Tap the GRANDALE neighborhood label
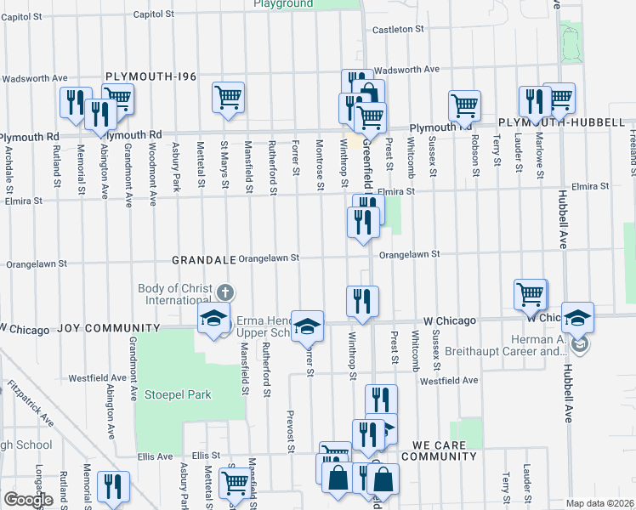click(x=202, y=258)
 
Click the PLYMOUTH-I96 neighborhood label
click(x=150, y=76)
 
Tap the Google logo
click(x=28, y=500)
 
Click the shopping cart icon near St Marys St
click(x=228, y=99)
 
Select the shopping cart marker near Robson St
click(x=465, y=105)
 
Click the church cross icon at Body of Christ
click(x=225, y=293)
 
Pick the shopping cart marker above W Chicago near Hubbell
click(x=531, y=295)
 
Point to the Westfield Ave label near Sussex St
click(x=447, y=380)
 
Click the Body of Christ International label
click(x=175, y=294)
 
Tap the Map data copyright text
click(x=599, y=502)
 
